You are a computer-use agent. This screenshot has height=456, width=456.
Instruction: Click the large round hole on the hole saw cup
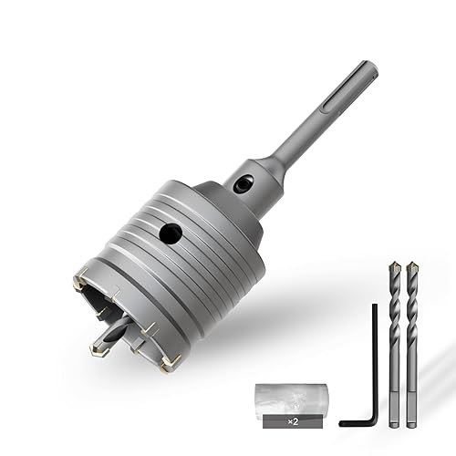[171, 233]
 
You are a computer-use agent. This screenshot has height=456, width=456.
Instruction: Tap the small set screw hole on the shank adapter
[244, 183]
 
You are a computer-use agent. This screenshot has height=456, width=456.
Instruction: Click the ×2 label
[293, 421]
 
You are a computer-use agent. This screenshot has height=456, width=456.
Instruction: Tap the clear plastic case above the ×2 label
[292, 399]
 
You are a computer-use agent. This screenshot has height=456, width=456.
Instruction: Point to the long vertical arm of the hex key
[375, 360]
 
